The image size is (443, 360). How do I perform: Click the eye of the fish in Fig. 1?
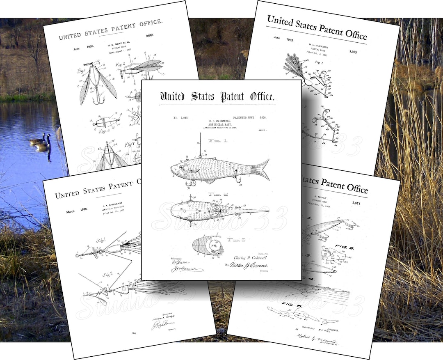[181, 167]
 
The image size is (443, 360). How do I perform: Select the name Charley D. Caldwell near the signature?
[250, 257]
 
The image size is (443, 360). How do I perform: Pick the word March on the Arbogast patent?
[72, 212]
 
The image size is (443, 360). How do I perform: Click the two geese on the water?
[41, 141]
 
